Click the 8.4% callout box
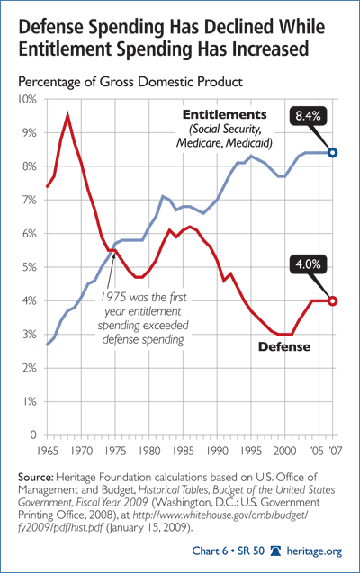click(x=308, y=116)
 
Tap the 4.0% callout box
click(x=308, y=264)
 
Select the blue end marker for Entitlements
click(x=332, y=153)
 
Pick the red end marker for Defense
click(x=332, y=301)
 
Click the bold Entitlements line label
click(x=225, y=115)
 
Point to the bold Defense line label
click(x=284, y=347)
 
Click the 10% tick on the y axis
click(x=27, y=99)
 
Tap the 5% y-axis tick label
click(x=29, y=267)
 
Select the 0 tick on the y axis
click(x=33, y=434)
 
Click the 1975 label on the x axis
click(x=115, y=451)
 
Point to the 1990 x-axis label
click(x=218, y=451)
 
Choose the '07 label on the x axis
click(x=334, y=451)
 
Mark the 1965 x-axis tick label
click(x=48, y=451)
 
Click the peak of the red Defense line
click(x=67, y=115)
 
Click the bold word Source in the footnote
click(x=36, y=478)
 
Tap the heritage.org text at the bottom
click(x=314, y=551)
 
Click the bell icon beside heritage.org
click(x=275, y=551)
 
